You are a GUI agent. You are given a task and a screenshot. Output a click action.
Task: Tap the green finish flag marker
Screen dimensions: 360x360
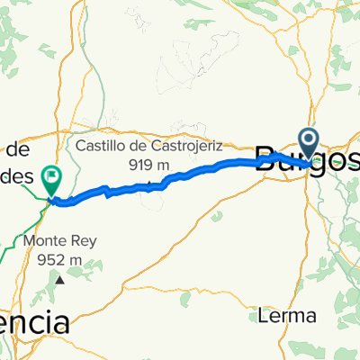[53, 180]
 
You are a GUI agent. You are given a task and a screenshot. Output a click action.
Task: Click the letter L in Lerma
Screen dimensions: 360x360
[261, 317]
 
